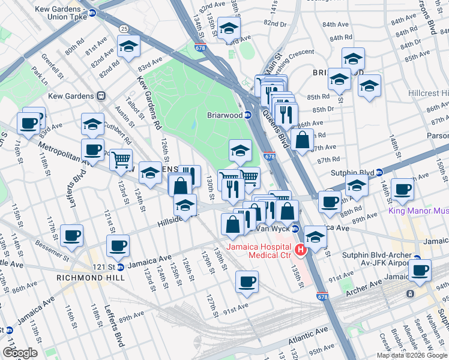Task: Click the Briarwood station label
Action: tap(224, 115)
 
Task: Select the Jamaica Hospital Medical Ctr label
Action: tap(259, 253)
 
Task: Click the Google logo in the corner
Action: tap(19, 353)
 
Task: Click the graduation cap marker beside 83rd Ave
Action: tap(129, 47)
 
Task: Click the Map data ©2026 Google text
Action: tap(411, 355)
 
